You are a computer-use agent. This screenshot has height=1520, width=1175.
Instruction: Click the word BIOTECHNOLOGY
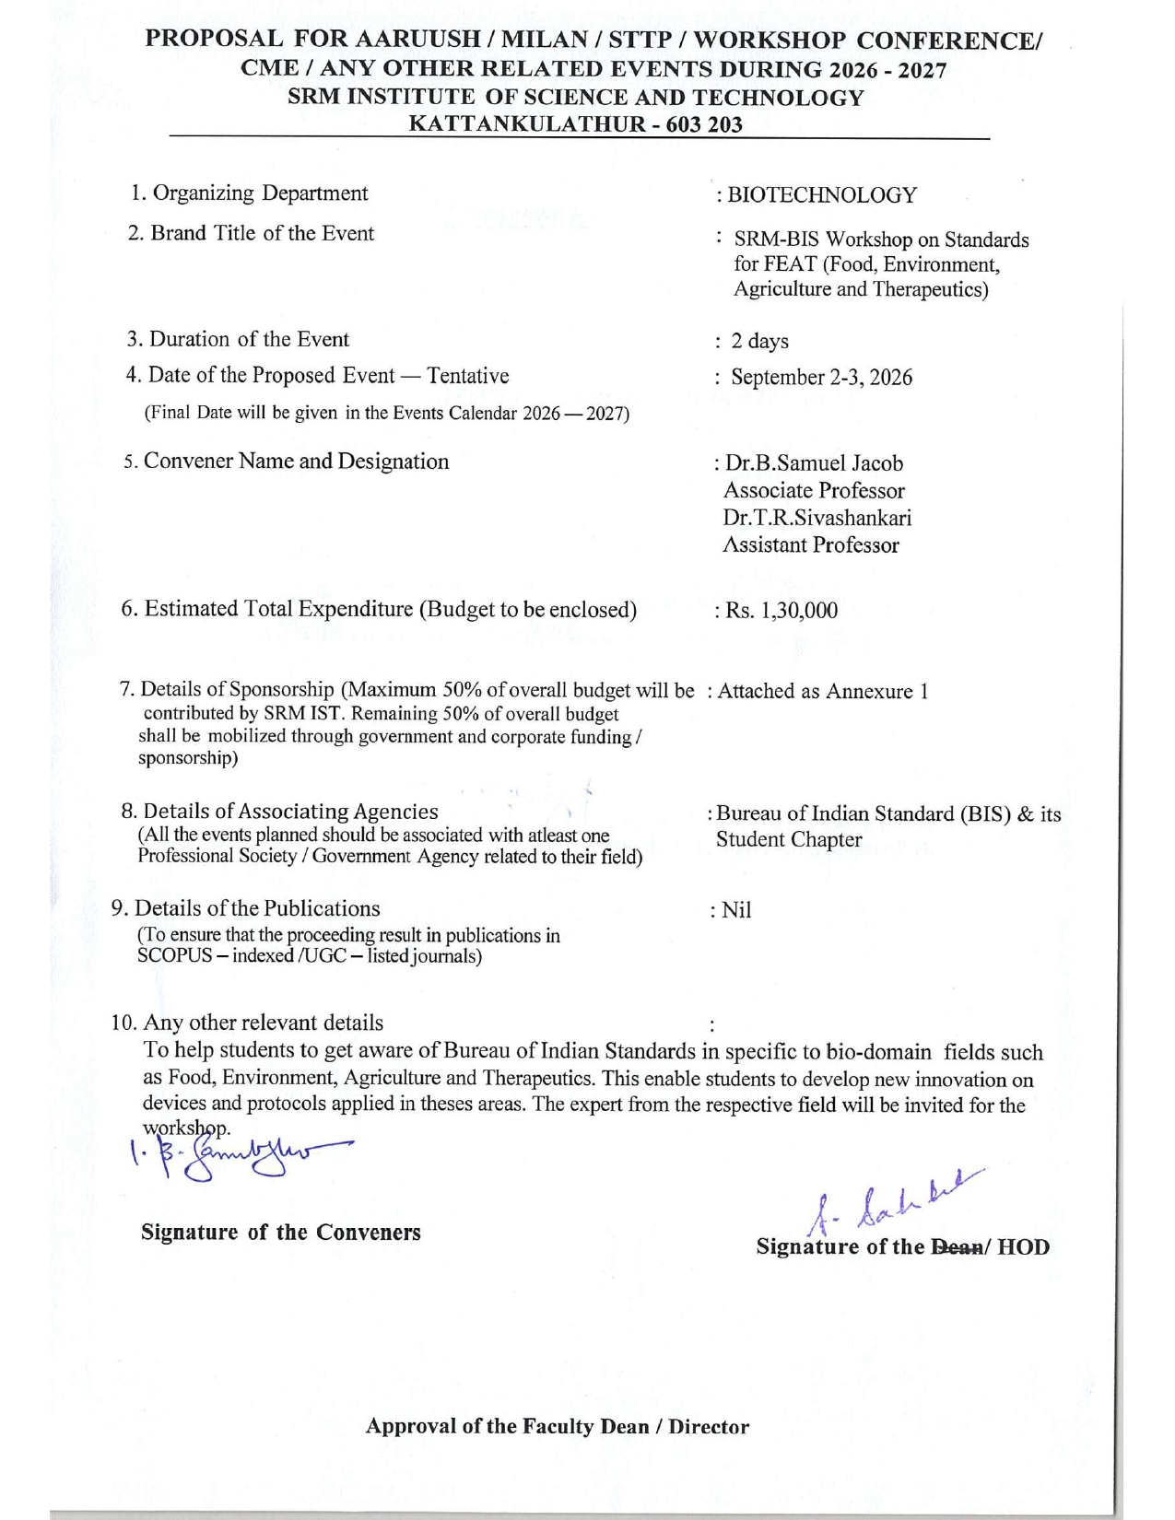click(822, 195)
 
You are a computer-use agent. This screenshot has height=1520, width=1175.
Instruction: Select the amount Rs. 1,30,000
click(781, 611)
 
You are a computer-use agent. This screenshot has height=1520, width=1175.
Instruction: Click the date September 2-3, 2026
click(821, 378)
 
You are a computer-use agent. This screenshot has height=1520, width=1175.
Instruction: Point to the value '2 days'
click(759, 342)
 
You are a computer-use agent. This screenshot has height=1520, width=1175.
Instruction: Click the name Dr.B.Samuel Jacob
click(814, 463)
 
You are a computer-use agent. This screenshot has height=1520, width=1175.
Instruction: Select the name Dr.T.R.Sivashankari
click(817, 518)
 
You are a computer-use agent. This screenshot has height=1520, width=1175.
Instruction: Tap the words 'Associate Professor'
click(814, 491)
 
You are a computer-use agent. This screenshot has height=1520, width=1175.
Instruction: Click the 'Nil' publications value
click(736, 911)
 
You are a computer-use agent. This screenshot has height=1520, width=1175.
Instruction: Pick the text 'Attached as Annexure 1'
click(822, 692)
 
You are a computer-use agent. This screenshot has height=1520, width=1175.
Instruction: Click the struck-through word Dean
click(956, 1248)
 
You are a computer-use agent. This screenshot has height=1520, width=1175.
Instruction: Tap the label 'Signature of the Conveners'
click(280, 1233)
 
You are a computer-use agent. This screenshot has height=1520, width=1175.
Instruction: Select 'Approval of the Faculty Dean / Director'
click(557, 1427)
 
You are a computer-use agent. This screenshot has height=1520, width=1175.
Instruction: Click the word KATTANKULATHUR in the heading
click(523, 124)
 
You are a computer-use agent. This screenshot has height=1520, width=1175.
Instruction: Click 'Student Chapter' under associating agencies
click(789, 840)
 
